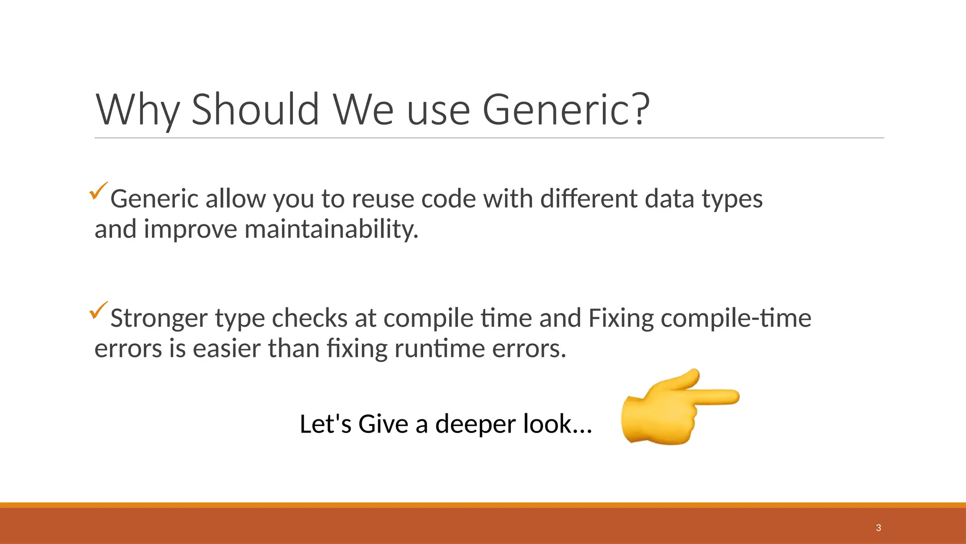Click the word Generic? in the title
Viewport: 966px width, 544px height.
coord(566,110)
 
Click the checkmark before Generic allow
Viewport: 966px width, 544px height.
coord(98,191)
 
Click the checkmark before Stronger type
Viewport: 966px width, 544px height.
coord(98,310)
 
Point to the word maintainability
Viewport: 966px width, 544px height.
coord(332,229)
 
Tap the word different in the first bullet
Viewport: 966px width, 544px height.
coord(589,199)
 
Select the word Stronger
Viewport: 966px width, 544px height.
coord(159,318)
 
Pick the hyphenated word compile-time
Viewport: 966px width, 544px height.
coord(736,318)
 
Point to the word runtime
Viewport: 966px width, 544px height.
coord(440,348)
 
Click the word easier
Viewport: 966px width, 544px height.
coord(227,348)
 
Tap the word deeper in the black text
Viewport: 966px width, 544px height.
coord(475,424)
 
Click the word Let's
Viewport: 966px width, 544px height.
coord(325,424)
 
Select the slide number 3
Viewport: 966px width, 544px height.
coord(878,528)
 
